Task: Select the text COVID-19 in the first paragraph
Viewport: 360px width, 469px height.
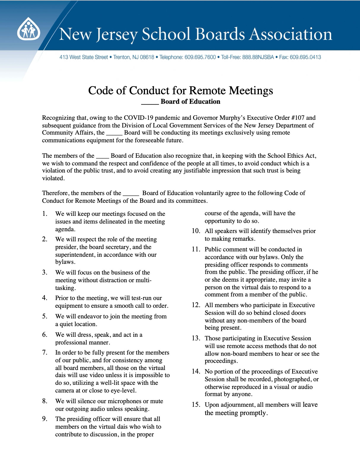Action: click(140, 118)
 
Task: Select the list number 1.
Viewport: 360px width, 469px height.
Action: click(45, 214)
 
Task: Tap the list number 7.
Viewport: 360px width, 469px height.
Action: click(45, 353)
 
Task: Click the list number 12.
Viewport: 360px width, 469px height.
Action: click(196, 305)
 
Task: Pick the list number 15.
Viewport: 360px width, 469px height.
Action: click(196, 405)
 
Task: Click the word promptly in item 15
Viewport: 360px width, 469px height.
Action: click(253, 413)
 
